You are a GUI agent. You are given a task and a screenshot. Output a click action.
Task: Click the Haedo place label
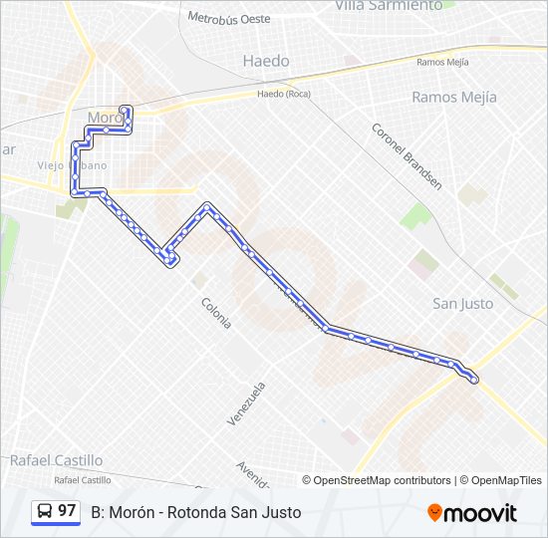(x=266, y=61)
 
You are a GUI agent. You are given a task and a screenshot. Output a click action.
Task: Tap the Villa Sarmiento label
(x=390, y=6)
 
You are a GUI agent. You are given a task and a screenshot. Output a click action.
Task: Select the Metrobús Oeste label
(x=228, y=18)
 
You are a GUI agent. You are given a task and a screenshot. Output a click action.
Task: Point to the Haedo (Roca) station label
(x=284, y=95)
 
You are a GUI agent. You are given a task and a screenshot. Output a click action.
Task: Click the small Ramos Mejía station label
(x=442, y=62)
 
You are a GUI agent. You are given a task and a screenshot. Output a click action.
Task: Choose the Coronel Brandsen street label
(x=406, y=155)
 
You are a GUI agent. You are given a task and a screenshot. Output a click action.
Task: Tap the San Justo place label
(x=462, y=304)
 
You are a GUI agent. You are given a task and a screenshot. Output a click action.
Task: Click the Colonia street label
(x=216, y=313)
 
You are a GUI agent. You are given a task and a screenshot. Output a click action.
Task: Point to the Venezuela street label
(x=247, y=403)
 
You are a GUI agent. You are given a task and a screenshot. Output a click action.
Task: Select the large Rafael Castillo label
(x=56, y=460)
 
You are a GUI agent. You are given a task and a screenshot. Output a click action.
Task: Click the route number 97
(x=67, y=511)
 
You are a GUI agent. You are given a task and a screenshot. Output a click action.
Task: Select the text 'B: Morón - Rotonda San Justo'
(x=195, y=512)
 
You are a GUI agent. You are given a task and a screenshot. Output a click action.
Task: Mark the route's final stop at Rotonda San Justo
(x=473, y=380)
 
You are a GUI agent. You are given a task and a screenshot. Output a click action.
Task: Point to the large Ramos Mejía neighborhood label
(x=454, y=98)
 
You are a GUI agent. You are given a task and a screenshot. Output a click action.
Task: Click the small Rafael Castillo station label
(x=79, y=480)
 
